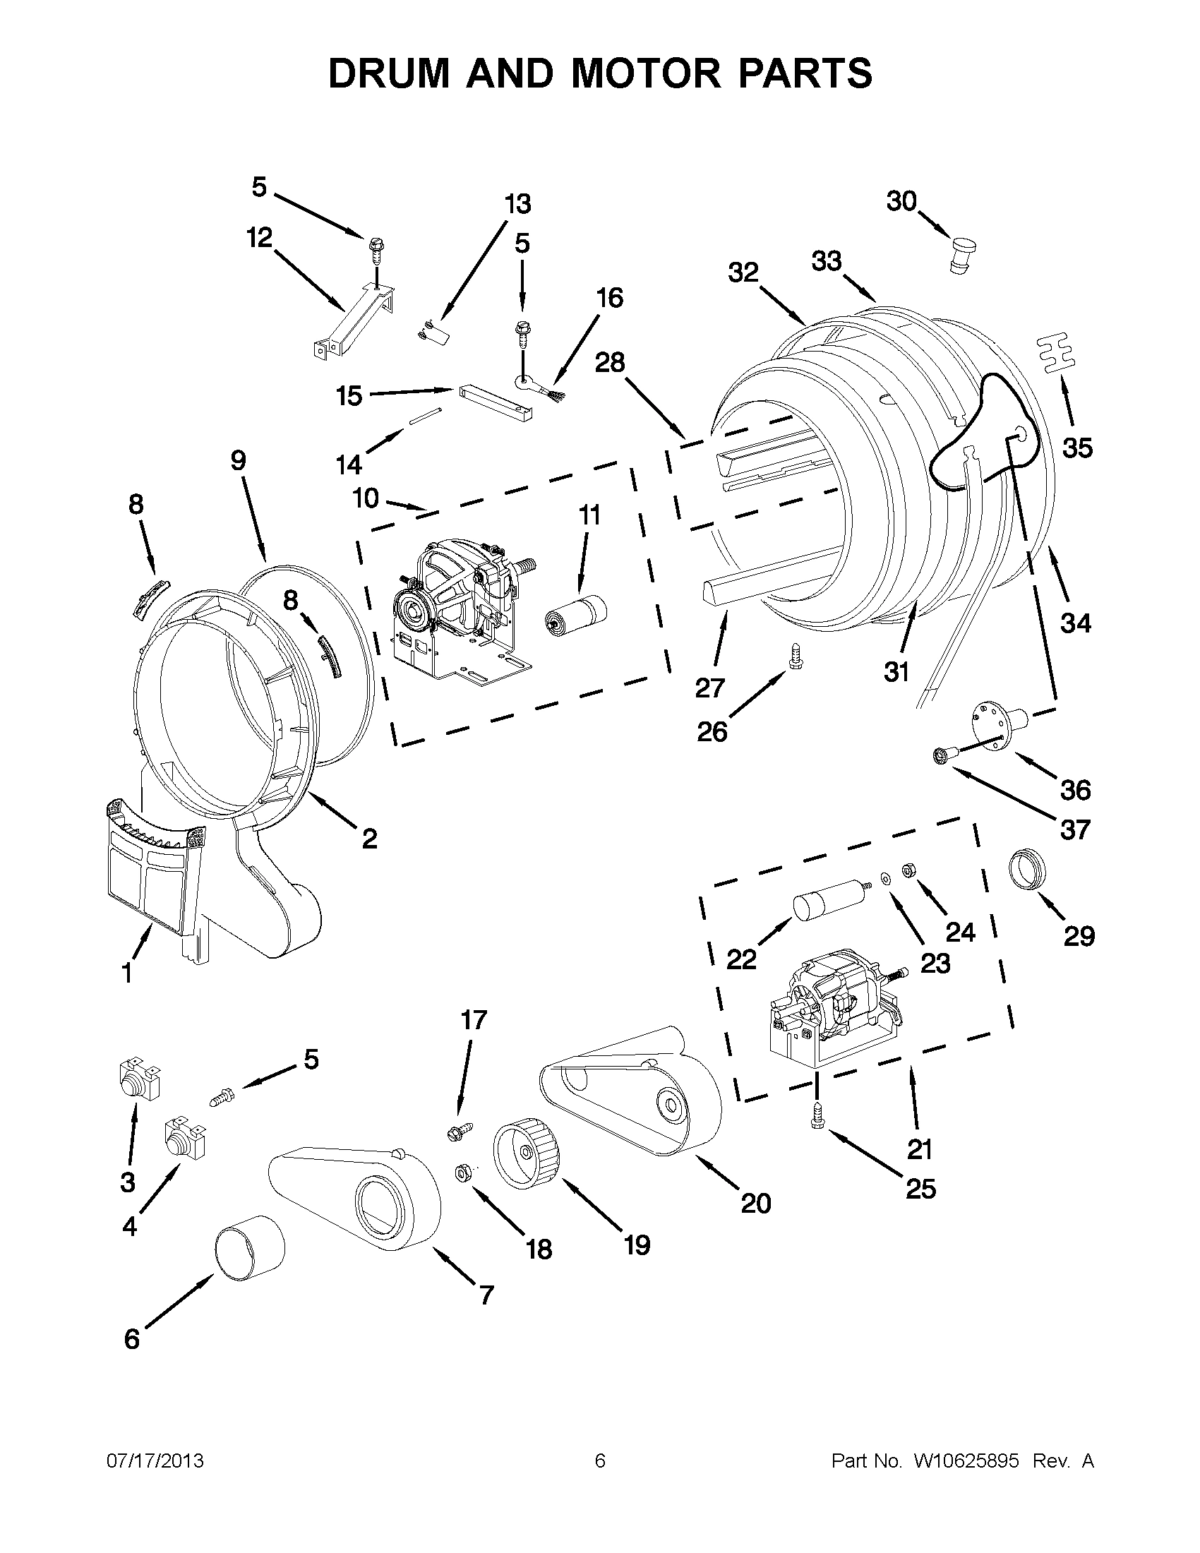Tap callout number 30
pos(901,202)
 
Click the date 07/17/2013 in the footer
pos(155,1461)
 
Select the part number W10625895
pos(966,1461)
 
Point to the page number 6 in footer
pos(599,1461)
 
